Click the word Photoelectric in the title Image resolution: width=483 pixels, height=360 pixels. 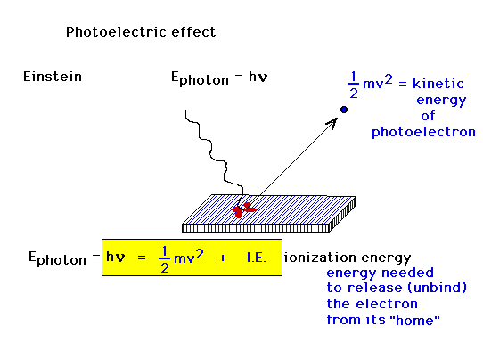click(x=117, y=32)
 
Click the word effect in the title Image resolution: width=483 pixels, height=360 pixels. click(x=193, y=32)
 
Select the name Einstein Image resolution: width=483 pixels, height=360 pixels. click(x=53, y=77)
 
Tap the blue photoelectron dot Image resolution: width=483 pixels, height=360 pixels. click(x=344, y=110)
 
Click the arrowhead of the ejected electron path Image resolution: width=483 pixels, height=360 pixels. click(x=332, y=123)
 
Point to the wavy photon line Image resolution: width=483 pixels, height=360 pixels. click(x=213, y=154)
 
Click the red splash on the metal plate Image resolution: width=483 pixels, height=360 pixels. click(x=244, y=209)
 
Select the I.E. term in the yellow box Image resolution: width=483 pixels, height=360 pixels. click(x=257, y=258)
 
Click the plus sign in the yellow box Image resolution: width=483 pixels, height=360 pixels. click(x=223, y=258)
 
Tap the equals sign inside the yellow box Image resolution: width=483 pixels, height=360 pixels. click(x=142, y=258)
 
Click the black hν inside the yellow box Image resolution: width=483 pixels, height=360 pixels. click(x=116, y=257)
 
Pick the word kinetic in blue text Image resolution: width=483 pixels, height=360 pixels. click(x=438, y=84)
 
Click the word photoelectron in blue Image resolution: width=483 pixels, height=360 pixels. click(x=423, y=132)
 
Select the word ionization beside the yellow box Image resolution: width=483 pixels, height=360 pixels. click(x=320, y=258)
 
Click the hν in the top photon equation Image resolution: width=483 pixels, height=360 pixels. click(x=258, y=77)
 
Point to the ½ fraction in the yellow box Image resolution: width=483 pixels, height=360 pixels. click(x=165, y=259)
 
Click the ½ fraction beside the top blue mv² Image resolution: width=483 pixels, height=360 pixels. click(x=353, y=85)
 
